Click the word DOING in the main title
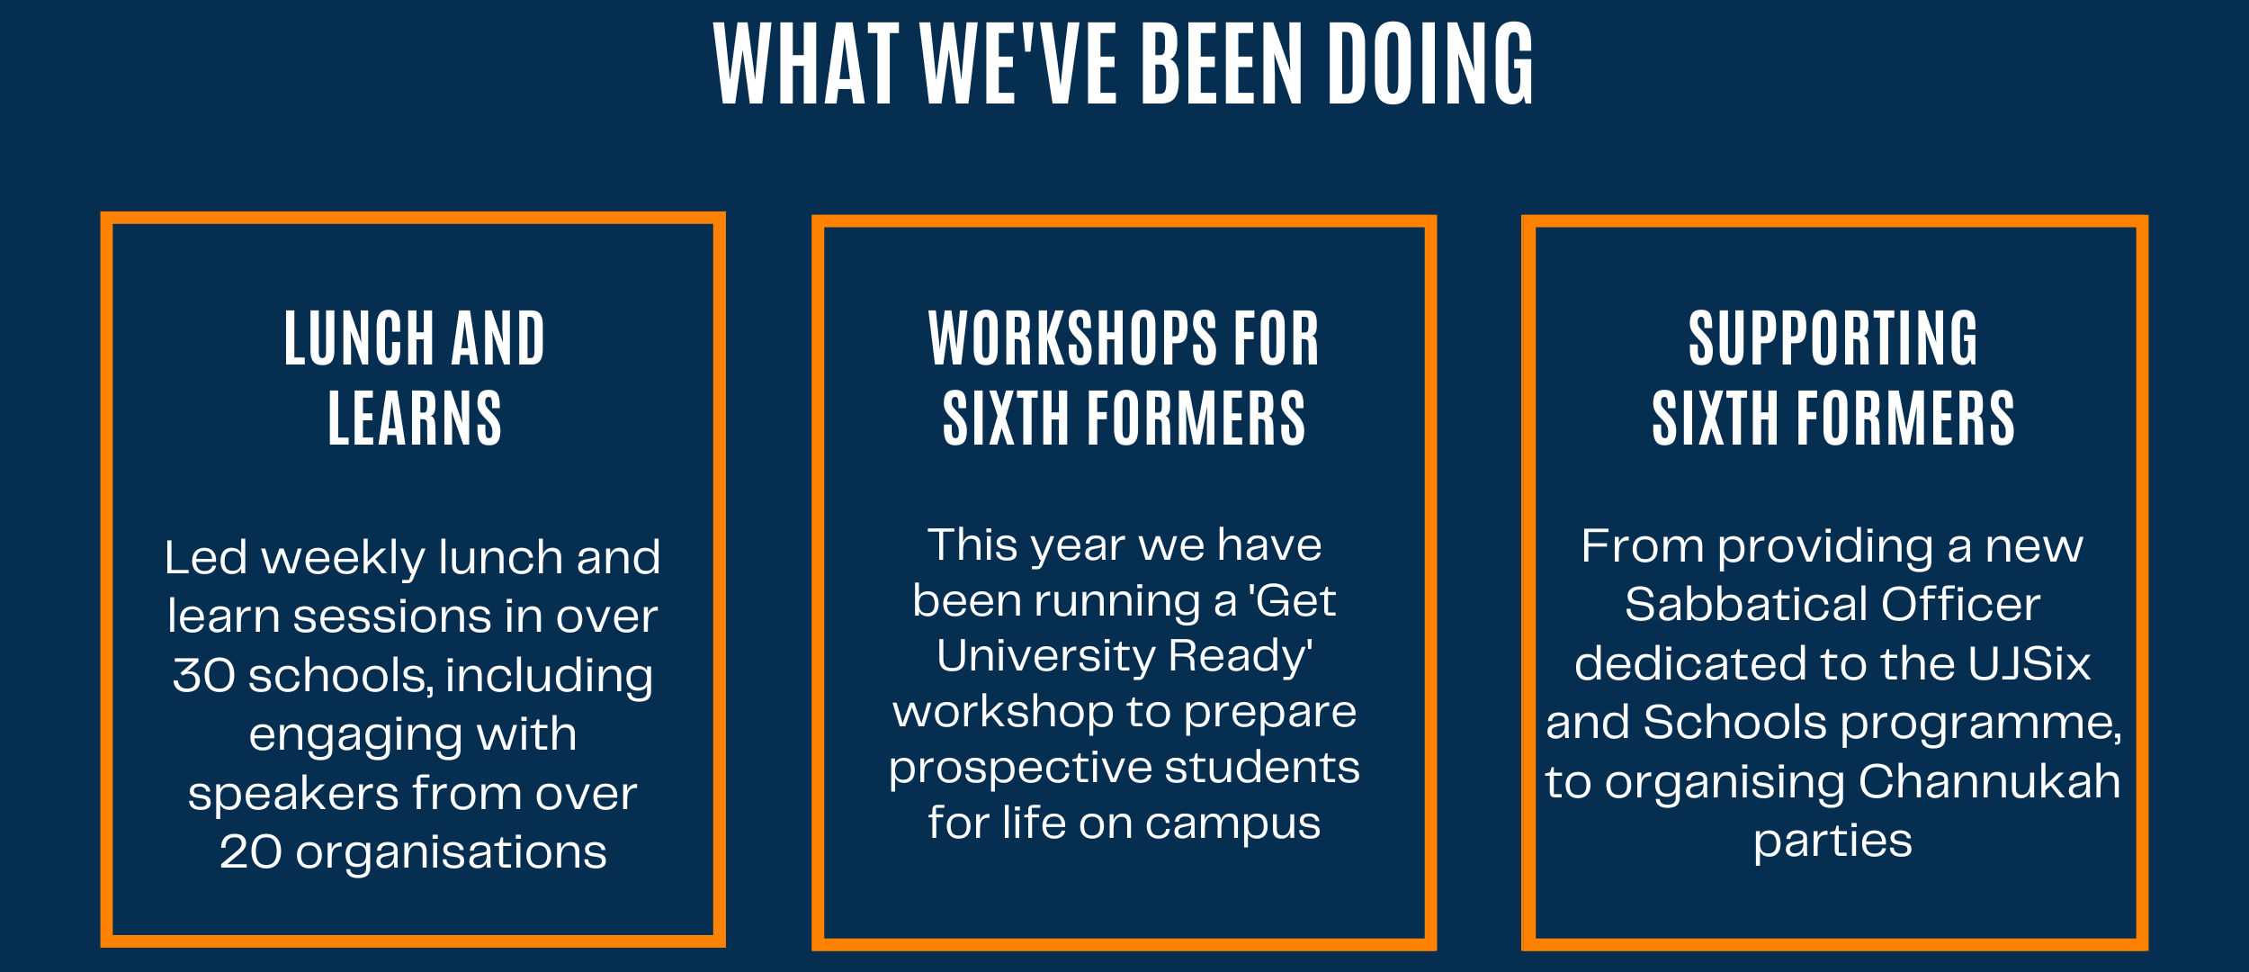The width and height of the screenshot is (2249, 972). [1431, 64]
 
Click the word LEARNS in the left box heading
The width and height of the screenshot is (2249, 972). [415, 418]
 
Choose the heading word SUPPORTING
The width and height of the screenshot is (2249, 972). [1833, 338]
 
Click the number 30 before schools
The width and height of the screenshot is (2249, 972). [204, 676]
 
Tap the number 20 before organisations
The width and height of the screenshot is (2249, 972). [251, 852]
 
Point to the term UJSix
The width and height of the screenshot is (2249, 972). [2029, 664]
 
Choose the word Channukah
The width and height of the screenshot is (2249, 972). [1989, 782]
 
